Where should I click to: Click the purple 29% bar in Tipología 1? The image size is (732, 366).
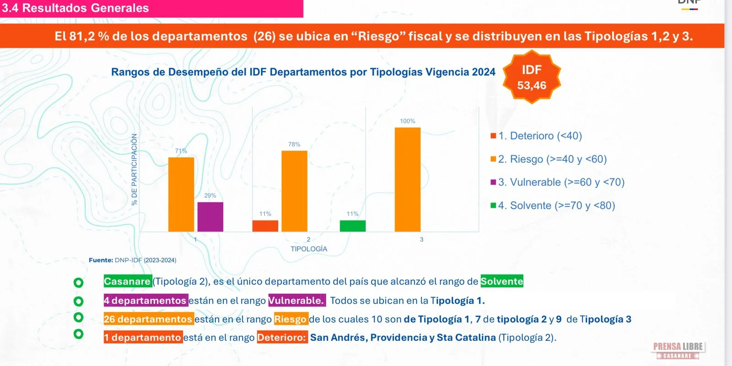click(x=210, y=217)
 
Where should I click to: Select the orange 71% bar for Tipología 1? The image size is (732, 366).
click(x=181, y=194)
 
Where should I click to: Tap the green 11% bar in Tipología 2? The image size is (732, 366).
click(x=352, y=226)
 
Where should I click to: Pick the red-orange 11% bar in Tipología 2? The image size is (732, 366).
click(x=265, y=226)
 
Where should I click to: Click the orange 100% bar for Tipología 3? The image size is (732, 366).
click(x=407, y=179)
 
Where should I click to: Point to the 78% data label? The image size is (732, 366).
click(x=294, y=145)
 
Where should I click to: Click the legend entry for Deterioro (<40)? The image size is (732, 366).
click(x=536, y=136)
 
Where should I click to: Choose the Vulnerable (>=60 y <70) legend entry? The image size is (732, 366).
click(x=557, y=182)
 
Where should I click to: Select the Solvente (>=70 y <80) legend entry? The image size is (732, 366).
click(x=553, y=205)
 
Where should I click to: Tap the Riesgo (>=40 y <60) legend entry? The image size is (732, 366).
click(x=549, y=159)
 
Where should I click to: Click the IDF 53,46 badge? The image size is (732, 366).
click(x=532, y=77)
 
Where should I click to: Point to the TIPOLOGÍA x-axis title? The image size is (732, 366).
click(x=309, y=249)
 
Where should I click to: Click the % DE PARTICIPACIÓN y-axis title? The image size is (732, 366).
click(x=134, y=169)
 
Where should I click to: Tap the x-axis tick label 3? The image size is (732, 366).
click(x=421, y=239)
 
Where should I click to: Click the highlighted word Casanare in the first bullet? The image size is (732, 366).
click(x=127, y=281)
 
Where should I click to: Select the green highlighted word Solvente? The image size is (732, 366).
click(x=501, y=281)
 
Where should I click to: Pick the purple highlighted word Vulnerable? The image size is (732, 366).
click(x=296, y=301)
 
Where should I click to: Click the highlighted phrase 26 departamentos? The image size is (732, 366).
click(x=148, y=319)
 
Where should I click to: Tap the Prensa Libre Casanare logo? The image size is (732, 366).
click(x=678, y=350)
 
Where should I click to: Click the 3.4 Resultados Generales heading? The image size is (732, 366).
click(x=75, y=8)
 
